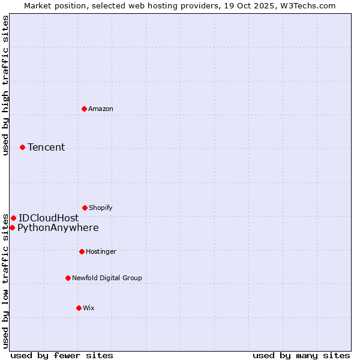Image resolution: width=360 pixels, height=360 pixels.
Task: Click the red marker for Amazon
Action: [x=84, y=109]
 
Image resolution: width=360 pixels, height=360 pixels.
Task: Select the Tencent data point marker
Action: [x=22, y=147]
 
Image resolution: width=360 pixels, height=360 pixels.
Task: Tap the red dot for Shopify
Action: [x=85, y=208]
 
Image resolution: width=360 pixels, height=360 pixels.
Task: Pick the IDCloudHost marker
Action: [x=13, y=218]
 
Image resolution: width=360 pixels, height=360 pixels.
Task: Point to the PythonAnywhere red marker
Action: [x=12, y=227]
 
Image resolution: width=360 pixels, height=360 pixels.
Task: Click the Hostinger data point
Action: [x=82, y=251]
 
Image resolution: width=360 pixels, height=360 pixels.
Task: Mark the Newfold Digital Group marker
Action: [x=68, y=278]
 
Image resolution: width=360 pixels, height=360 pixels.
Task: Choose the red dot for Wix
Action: [x=79, y=308]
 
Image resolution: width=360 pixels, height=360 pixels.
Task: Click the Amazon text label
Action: [x=101, y=109]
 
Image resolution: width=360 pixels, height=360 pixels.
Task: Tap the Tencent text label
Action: [x=46, y=147]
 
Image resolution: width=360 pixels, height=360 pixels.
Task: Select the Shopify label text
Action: [x=101, y=208]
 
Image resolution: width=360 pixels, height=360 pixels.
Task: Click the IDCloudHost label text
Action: [x=49, y=218]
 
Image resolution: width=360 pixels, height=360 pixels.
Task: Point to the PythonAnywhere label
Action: [x=58, y=227]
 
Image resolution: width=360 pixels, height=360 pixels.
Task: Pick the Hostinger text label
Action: [x=101, y=251]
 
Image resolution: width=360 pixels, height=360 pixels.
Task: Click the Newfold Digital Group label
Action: [x=107, y=278]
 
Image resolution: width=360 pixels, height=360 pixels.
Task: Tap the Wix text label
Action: [x=89, y=308]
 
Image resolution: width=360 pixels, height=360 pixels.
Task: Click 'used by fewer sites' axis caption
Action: [x=62, y=355]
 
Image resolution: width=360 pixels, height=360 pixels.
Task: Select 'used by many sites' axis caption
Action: [x=301, y=355]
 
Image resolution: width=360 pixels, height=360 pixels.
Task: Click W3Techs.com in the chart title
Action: [x=306, y=5]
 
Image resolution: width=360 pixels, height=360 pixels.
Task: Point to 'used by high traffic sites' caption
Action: [x=5, y=85]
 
